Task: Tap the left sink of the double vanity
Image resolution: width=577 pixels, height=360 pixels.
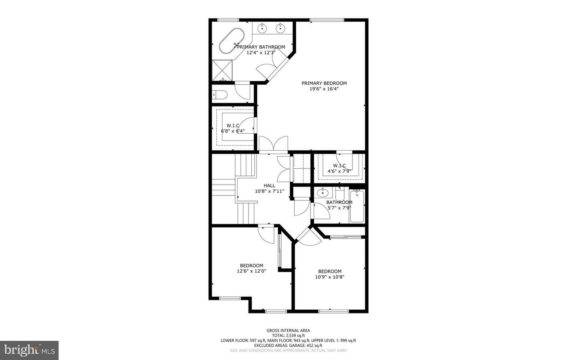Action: [x=262, y=28]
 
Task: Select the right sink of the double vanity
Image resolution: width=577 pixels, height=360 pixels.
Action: [x=280, y=28]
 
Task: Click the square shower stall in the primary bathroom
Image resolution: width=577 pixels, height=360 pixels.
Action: [x=222, y=70]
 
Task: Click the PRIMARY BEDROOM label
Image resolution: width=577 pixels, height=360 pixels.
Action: [x=324, y=83]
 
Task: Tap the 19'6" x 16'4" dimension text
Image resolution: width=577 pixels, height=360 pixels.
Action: [x=324, y=89]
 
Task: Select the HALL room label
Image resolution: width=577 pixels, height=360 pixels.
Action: [x=269, y=185]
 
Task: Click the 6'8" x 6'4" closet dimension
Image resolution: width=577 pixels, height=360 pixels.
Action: [x=233, y=131]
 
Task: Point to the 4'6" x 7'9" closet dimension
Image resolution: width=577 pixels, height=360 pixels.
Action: [x=339, y=171]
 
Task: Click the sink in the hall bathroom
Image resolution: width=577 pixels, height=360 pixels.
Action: [x=323, y=193]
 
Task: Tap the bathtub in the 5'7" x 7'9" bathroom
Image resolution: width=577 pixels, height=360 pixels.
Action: [x=357, y=206]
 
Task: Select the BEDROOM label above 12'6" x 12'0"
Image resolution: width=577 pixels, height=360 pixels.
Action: [x=251, y=265]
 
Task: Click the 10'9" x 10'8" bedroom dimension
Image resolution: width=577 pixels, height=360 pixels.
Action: [x=330, y=277]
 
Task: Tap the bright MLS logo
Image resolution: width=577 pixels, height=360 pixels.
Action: [x=29, y=350]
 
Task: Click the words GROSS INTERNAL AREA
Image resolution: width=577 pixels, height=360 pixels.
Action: [x=288, y=330]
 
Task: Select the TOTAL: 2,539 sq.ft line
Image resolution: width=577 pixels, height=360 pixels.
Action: [x=288, y=336]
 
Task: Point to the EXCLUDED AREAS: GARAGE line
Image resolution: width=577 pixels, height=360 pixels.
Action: [x=288, y=346]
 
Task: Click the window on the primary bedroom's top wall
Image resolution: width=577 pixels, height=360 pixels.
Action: [x=327, y=20]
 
